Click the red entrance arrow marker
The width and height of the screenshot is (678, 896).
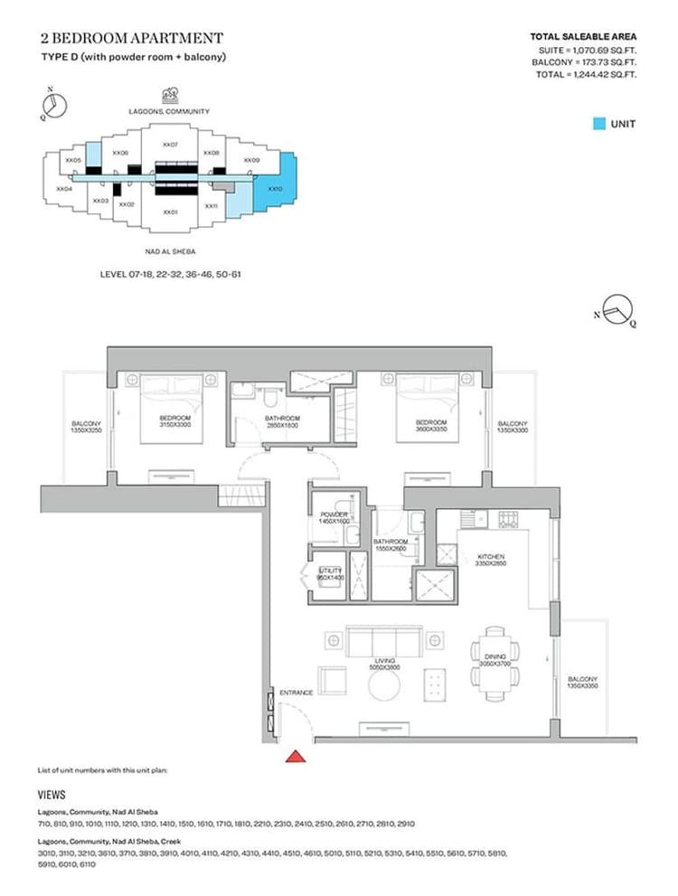295,755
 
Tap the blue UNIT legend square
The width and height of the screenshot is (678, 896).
598,124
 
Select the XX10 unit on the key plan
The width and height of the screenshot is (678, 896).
277,189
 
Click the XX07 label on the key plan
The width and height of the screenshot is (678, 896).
169,145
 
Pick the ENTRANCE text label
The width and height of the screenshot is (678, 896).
296,693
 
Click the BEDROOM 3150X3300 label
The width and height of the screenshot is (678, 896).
174,421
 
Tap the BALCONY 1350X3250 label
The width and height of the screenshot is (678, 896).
87,427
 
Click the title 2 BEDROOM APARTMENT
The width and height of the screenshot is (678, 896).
131,38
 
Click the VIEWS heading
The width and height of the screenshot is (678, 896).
51,795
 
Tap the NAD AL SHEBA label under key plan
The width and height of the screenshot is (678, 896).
170,252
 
